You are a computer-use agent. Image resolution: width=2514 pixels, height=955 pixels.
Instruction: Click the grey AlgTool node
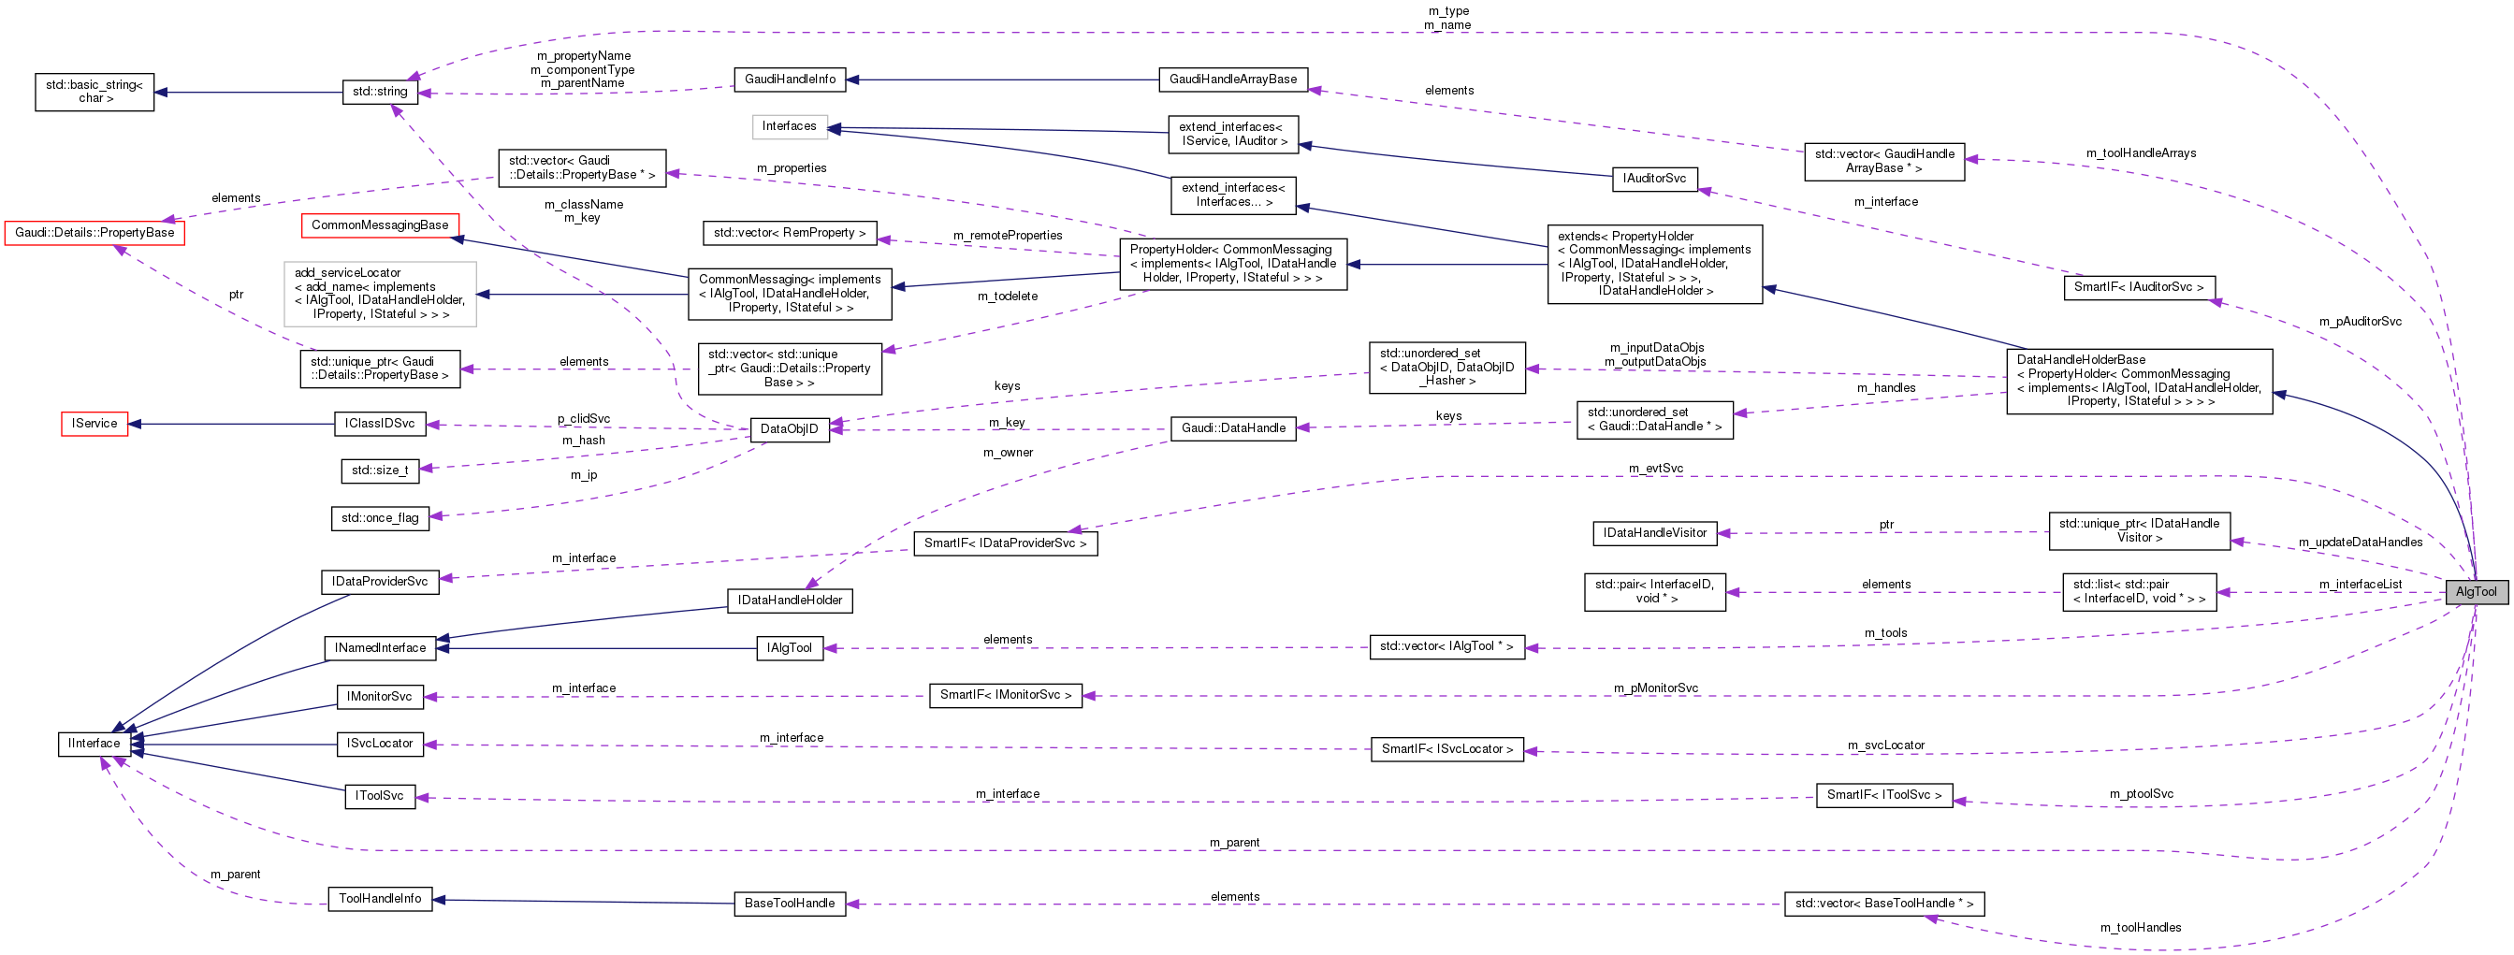click(x=2475, y=591)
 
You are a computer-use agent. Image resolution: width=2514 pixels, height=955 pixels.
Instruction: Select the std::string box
click(x=380, y=92)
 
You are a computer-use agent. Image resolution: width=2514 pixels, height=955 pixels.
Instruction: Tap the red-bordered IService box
click(x=94, y=424)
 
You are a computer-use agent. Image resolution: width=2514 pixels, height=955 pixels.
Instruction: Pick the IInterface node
click(x=94, y=744)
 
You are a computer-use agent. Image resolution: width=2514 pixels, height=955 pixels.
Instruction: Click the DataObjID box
click(x=789, y=429)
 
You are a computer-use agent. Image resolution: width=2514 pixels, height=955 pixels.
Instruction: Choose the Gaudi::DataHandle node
click(x=1232, y=428)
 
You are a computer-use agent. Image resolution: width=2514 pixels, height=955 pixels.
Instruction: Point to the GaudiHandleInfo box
click(x=790, y=79)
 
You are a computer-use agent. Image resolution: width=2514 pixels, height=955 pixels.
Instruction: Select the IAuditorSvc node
click(x=1654, y=179)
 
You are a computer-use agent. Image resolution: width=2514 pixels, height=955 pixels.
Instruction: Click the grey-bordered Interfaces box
click(x=789, y=127)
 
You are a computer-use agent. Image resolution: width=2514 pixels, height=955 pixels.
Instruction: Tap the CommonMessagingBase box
click(x=380, y=225)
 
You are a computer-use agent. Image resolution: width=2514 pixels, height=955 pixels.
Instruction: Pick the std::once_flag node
click(x=380, y=518)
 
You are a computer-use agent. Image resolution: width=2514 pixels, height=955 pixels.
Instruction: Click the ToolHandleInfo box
click(x=380, y=899)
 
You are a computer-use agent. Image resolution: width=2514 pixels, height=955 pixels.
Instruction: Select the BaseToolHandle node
click(x=789, y=904)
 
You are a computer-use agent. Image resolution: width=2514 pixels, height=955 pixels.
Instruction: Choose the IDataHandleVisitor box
click(x=1654, y=532)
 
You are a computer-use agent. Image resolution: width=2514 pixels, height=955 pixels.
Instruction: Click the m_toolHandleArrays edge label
click(x=2140, y=153)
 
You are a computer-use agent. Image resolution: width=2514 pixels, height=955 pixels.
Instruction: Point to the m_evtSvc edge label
click(x=1655, y=469)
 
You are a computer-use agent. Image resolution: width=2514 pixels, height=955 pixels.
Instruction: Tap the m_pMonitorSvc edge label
click(x=1655, y=687)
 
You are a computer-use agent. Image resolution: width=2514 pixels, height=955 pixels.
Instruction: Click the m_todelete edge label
click(x=1007, y=297)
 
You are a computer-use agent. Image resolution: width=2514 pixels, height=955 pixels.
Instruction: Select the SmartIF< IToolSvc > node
click(x=1883, y=795)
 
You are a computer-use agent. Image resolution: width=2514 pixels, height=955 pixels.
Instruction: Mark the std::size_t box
click(x=380, y=470)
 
